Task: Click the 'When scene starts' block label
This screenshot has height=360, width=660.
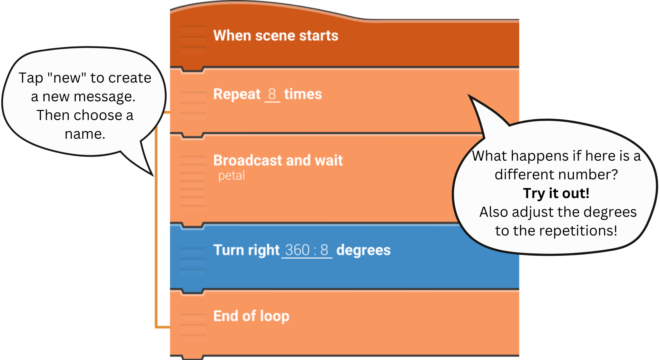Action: click(x=276, y=35)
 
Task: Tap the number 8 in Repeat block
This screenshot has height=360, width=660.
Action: click(x=272, y=94)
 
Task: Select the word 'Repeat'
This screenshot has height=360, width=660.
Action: click(x=237, y=95)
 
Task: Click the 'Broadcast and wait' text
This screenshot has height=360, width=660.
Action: click(x=278, y=160)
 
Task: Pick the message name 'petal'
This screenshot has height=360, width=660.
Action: click(x=231, y=176)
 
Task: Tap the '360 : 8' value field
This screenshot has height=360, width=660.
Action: click(x=307, y=250)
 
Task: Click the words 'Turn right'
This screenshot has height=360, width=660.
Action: click(x=246, y=250)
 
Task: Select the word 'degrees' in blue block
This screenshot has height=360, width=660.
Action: click(x=363, y=250)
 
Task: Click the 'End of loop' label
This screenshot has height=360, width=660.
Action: click(x=251, y=316)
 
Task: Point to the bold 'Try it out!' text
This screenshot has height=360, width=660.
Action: click(x=556, y=193)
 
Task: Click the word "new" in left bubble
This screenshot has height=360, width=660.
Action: click(x=67, y=78)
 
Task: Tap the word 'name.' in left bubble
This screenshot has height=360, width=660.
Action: click(x=85, y=134)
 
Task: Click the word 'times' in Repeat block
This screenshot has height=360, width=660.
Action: click(x=303, y=95)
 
